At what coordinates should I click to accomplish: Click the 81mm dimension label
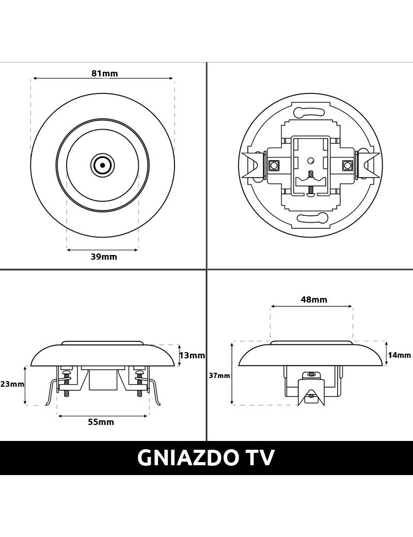point(104,73)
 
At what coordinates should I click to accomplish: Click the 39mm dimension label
point(104,257)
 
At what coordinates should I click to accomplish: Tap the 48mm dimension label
point(314,299)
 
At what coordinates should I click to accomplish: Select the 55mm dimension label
point(101,422)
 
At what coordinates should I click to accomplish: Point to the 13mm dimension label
point(192,355)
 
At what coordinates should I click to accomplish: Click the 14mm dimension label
point(399,355)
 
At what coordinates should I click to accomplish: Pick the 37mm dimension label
point(219,375)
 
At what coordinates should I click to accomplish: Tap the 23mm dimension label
point(12,384)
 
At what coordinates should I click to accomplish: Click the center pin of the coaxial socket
point(102,166)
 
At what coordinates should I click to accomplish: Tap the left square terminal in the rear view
point(272,166)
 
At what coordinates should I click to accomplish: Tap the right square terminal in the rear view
point(347,166)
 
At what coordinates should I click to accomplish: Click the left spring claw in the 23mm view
point(51,392)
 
